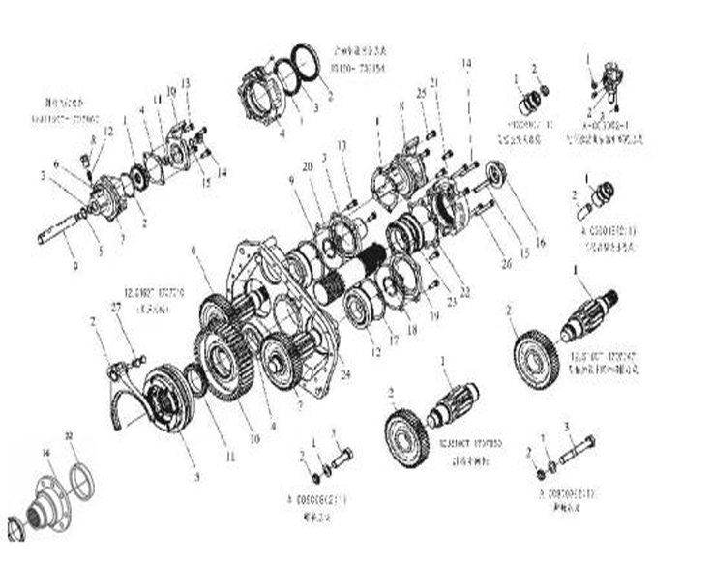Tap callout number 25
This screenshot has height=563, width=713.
422,93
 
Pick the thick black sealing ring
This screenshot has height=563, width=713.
307,65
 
